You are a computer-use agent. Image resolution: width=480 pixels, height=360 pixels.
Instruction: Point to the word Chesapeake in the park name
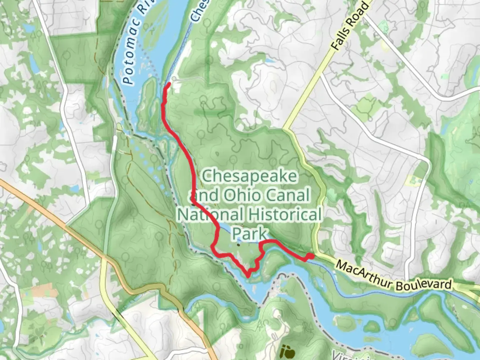click(249, 176)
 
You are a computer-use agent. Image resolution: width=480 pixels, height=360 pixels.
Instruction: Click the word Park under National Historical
click(249, 233)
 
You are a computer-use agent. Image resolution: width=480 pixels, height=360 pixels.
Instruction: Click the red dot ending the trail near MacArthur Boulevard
click(310, 256)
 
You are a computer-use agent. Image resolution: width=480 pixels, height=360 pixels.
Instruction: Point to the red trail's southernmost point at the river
click(248, 275)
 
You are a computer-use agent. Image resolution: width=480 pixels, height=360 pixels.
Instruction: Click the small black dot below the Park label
click(238, 245)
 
